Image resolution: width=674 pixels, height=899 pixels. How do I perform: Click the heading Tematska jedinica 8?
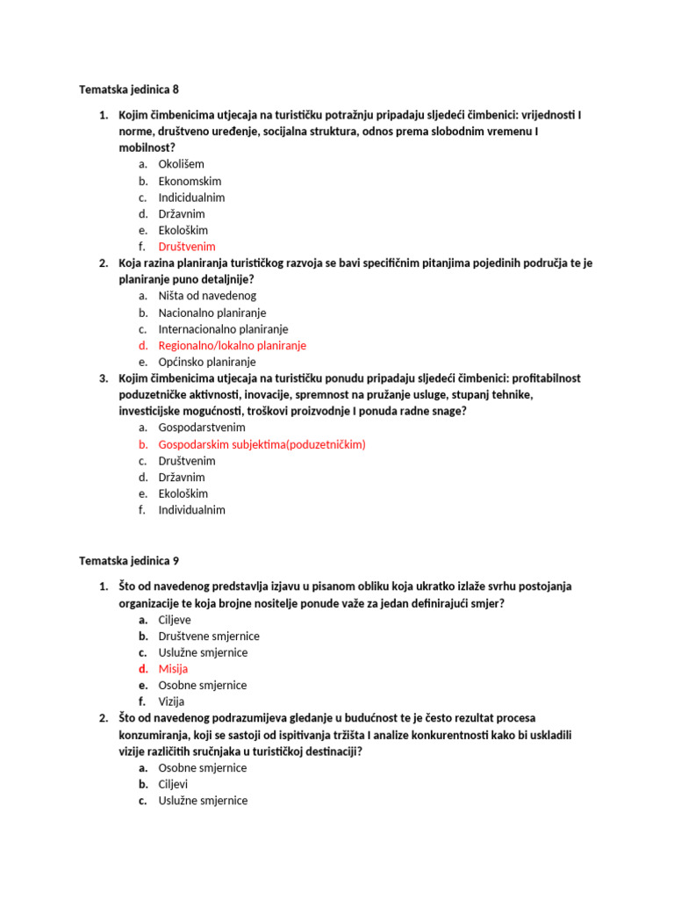click(x=134, y=90)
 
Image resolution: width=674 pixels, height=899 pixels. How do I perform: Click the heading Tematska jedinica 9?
click(x=134, y=560)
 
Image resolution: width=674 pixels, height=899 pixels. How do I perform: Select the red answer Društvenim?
click(x=186, y=247)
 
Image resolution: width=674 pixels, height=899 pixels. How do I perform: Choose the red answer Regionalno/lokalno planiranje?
click(x=232, y=346)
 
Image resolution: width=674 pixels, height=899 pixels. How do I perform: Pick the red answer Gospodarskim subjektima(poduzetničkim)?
click(x=262, y=444)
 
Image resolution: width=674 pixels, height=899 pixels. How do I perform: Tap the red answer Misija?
click(x=173, y=669)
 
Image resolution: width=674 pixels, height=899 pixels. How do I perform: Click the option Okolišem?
click(x=181, y=164)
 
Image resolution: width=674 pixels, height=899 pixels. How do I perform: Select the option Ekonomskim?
click(x=190, y=181)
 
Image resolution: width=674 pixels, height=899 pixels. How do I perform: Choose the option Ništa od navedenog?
click(x=207, y=296)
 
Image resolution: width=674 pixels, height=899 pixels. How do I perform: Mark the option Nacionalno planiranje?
click(x=212, y=313)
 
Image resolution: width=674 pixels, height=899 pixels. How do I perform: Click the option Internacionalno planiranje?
click(x=223, y=329)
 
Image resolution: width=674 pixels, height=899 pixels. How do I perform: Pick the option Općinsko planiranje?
click(x=206, y=362)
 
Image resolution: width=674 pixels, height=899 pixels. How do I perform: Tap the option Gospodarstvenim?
click(x=202, y=428)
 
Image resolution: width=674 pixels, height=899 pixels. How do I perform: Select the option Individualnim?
click(x=191, y=510)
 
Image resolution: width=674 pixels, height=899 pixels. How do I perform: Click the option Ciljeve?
click(x=175, y=620)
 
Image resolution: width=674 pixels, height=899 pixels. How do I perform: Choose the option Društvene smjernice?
click(x=209, y=636)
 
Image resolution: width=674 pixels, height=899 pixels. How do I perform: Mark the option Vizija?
click(x=171, y=701)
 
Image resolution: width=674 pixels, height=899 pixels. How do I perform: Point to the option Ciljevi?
click(x=173, y=784)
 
